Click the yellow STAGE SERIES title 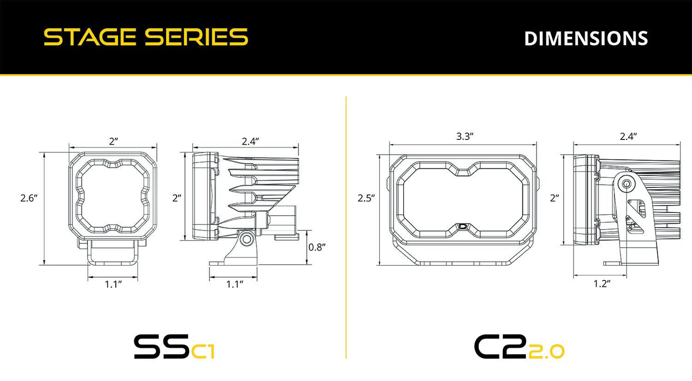pyautogui.click(x=146, y=37)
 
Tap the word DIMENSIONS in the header pyautogui.click(x=586, y=39)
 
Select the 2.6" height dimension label pyautogui.click(x=29, y=198)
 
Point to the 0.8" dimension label pyautogui.click(x=317, y=247)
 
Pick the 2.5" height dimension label pyautogui.click(x=366, y=197)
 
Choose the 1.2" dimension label pyautogui.click(x=601, y=284)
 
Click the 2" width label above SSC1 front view pyautogui.click(x=113, y=141)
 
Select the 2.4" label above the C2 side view pyautogui.click(x=628, y=136)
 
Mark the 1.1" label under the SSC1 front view pyautogui.click(x=113, y=284)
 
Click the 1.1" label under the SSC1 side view pyautogui.click(x=235, y=284)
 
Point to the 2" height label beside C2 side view pyautogui.click(x=555, y=197)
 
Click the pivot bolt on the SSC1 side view pyautogui.click(x=247, y=238)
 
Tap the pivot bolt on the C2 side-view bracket pyautogui.click(x=626, y=184)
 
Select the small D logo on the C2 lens pyautogui.click(x=463, y=227)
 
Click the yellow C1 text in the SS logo pyautogui.click(x=203, y=352)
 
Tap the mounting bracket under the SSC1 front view pyautogui.click(x=113, y=253)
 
